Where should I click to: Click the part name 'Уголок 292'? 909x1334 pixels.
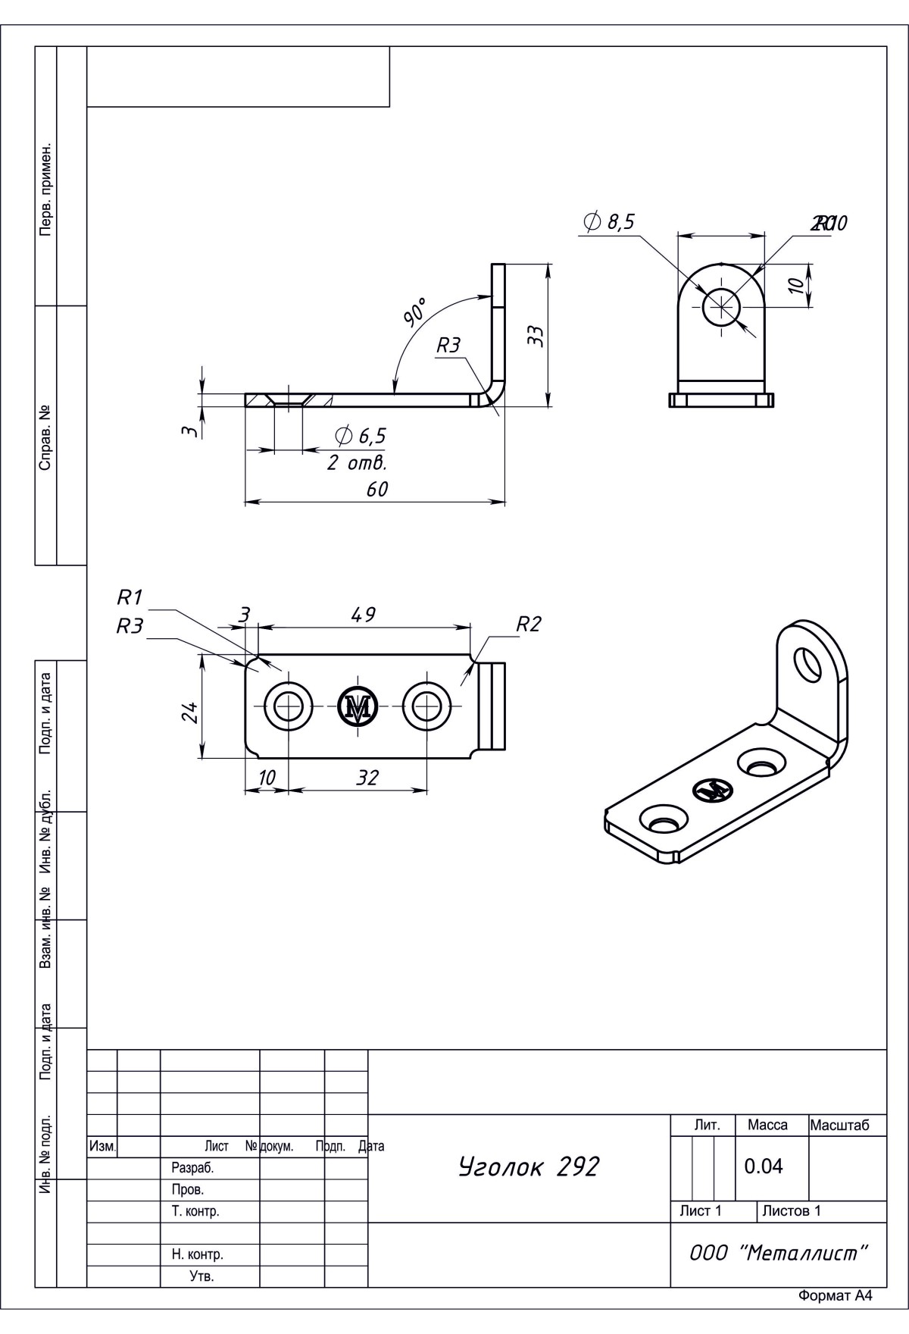pos(528,1166)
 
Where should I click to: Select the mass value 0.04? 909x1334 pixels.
pos(764,1166)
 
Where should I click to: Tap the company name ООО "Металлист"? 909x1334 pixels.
pos(778,1253)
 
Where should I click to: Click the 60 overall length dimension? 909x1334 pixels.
pos(376,490)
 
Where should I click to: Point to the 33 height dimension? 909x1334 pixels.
pos(536,335)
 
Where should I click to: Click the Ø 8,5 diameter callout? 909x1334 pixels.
pos(610,221)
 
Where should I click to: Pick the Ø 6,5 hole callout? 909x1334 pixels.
pos(361,436)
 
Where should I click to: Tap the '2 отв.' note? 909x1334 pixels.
pos(357,462)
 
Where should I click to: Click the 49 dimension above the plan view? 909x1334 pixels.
pos(364,615)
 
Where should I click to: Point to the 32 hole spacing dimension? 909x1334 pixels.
pos(367,778)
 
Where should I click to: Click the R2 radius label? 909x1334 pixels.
pos(529,625)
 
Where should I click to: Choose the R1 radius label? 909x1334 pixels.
pos(130,597)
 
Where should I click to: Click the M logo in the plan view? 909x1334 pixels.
pos(358,706)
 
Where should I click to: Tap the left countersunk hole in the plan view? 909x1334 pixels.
pos(287,706)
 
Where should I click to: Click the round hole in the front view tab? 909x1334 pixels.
pos(722,308)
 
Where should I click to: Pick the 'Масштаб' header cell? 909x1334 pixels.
pos(839,1125)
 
